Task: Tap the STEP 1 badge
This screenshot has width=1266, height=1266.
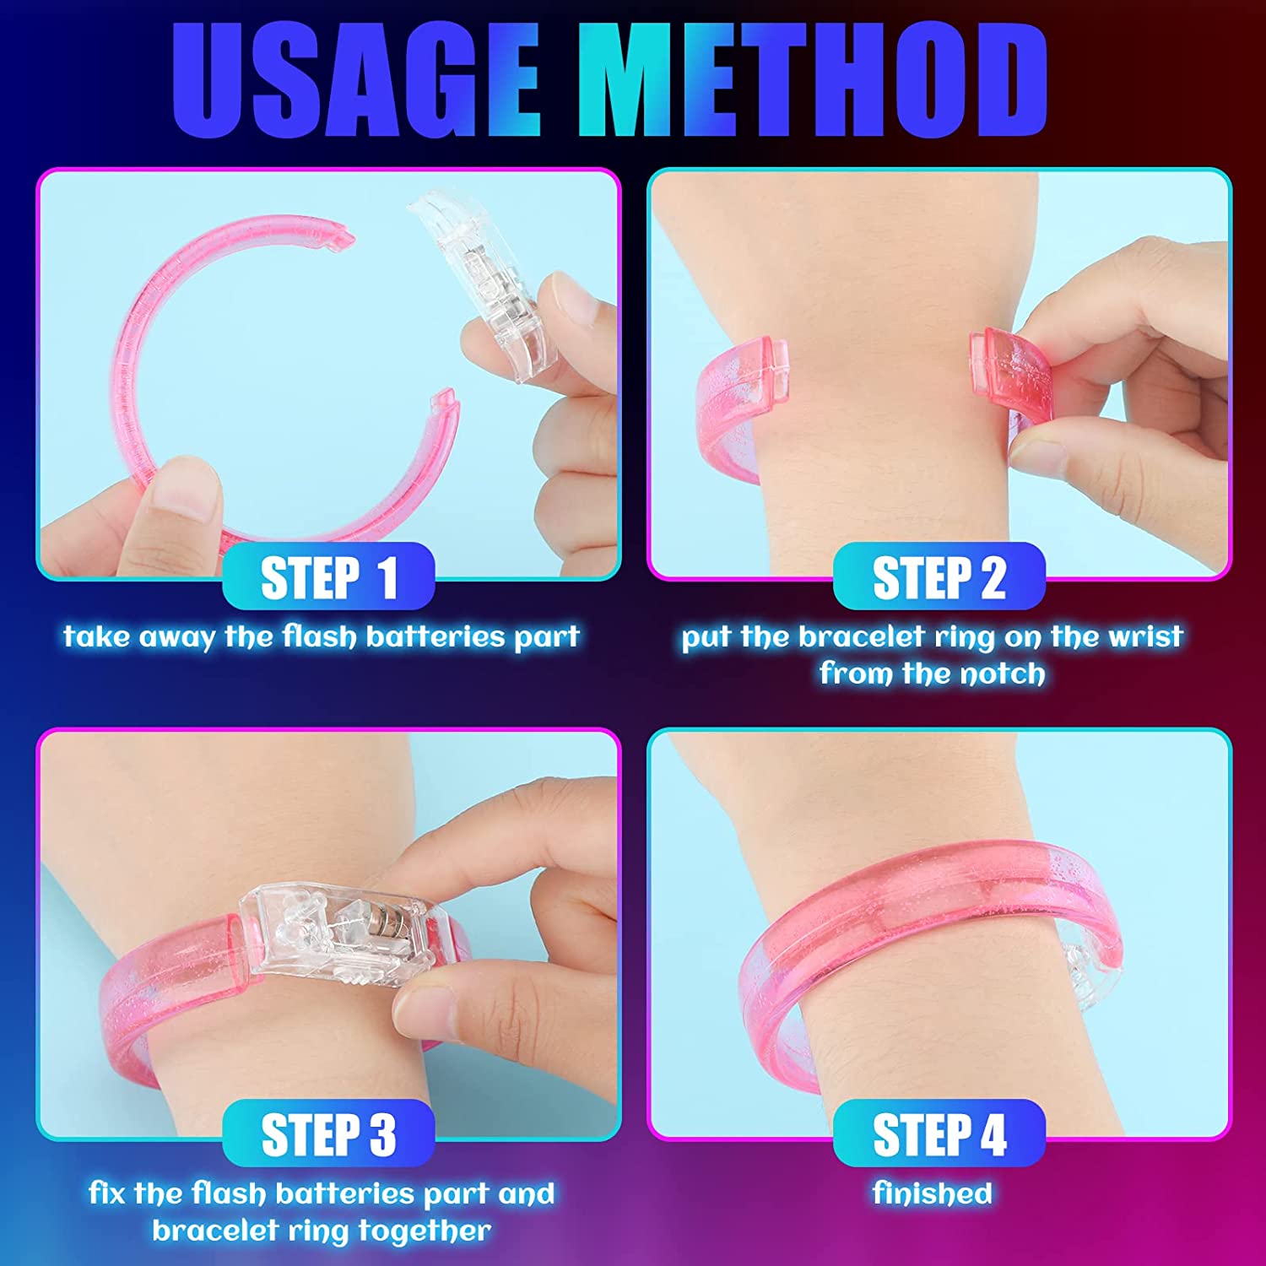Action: [x=328, y=577]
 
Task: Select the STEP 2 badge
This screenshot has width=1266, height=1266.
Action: [x=939, y=577]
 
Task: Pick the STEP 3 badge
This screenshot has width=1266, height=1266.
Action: [x=328, y=1133]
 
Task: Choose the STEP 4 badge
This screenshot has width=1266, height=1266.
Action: [x=939, y=1133]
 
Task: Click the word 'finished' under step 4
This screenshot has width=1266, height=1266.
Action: [x=933, y=1193]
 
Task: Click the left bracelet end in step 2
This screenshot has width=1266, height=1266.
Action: [x=743, y=397]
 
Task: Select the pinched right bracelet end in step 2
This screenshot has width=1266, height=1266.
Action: [x=1009, y=376]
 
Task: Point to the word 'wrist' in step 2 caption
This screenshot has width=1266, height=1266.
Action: [x=1145, y=636]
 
